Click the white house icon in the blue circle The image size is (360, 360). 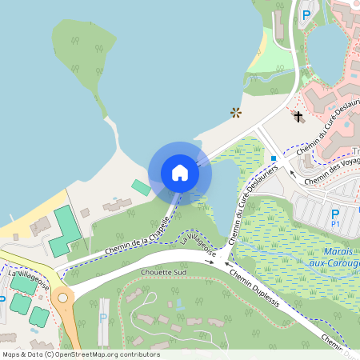point(180,172)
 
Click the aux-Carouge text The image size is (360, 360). point(334,262)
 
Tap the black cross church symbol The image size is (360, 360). point(298,117)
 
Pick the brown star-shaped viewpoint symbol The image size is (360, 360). point(236,113)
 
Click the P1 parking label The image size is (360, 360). point(335,225)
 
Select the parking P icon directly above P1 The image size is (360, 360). point(335,213)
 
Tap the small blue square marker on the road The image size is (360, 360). point(274,158)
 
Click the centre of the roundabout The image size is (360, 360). point(62,298)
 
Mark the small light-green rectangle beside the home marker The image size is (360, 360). point(141,187)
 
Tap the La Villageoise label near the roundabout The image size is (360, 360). point(30,280)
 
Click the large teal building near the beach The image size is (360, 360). point(66,231)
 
